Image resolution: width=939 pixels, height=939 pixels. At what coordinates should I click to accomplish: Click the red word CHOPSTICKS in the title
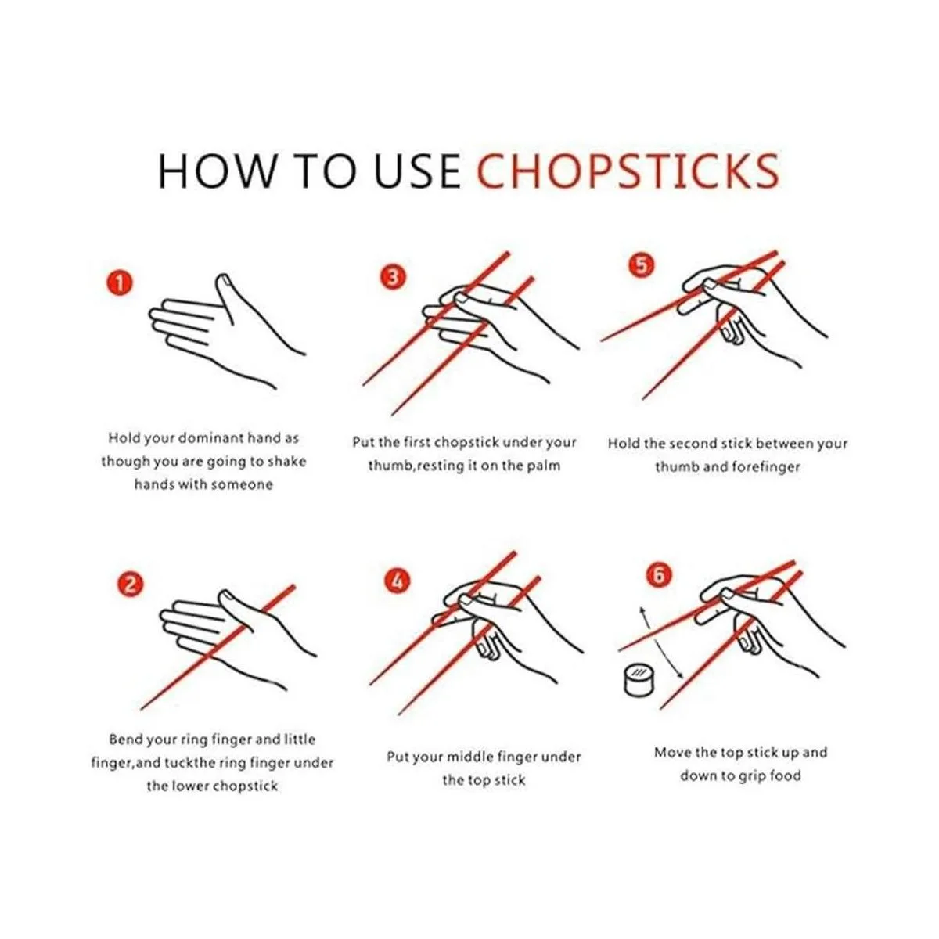pyautogui.click(x=628, y=171)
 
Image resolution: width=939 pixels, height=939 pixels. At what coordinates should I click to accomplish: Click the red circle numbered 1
pyautogui.click(x=120, y=282)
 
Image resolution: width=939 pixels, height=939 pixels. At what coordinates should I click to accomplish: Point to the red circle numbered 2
pyautogui.click(x=130, y=585)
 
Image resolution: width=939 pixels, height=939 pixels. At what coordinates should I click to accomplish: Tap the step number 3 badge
pyautogui.click(x=393, y=277)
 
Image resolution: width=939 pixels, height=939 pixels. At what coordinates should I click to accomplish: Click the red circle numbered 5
pyautogui.click(x=642, y=265)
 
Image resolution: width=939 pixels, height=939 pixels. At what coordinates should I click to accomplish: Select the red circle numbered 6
pyautogui.click(x=659, y=575)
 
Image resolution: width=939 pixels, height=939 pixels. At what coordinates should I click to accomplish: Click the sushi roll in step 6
pyautogui.click(x=639, y=679)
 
